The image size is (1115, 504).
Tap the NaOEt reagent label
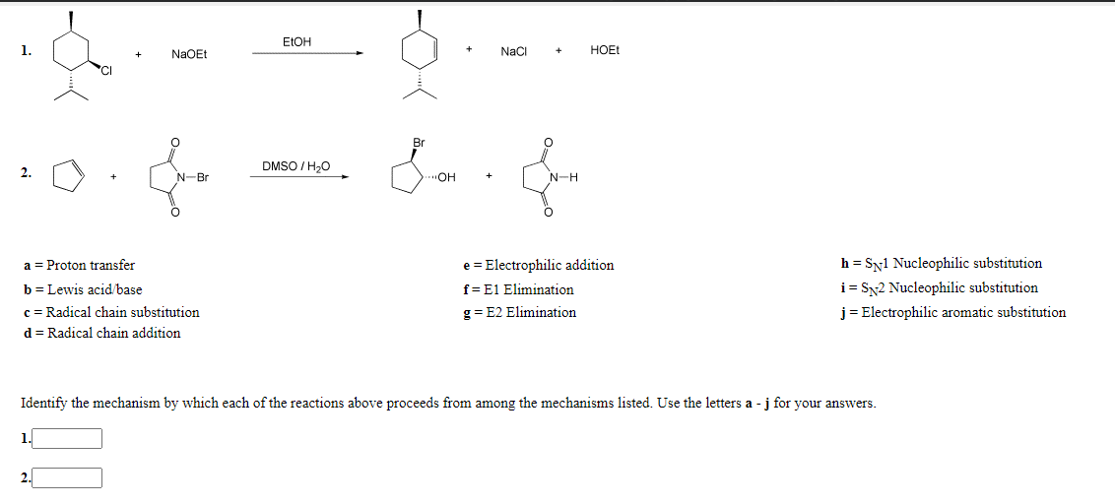pos(189,54)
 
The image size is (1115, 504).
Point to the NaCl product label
pos(513,50)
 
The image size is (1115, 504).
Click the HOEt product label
pos(605,50)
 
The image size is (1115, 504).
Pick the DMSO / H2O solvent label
pos(295,166)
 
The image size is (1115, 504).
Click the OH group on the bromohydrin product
pos(445,178)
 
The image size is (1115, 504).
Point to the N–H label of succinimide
pos(563,178)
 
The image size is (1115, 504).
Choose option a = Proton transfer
pos(79,265)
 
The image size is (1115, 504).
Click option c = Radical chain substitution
pos(110,312)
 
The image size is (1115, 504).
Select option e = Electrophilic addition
pos(538,265)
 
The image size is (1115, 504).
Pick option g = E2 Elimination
pos(519,312)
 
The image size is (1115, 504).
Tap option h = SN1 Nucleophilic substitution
pos(941,263)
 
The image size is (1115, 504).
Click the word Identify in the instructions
pos(44,404)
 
